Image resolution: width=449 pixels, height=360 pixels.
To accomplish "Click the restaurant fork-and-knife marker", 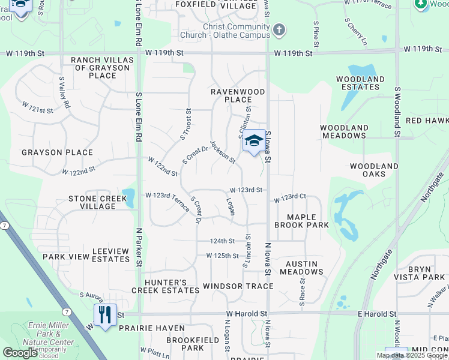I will [105, 314].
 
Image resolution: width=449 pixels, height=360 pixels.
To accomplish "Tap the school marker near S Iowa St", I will [254, 142].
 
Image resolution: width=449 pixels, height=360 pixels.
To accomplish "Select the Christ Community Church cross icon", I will [279, 29].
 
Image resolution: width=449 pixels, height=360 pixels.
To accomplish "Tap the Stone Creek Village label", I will [92, 202].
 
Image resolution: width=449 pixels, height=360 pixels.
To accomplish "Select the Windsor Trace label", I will [238, 286].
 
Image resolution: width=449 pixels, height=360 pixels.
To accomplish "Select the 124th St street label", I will [221, 241].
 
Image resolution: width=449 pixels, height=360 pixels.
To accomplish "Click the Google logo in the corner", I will [20, 353].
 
